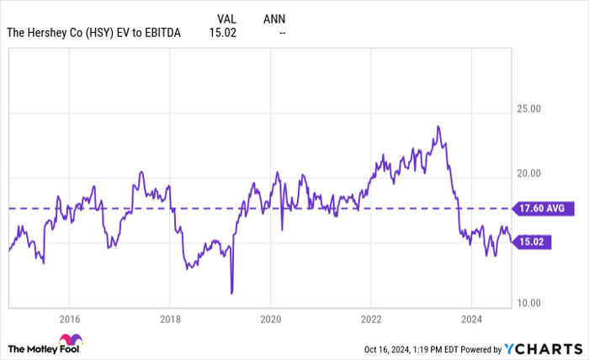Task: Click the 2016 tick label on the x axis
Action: (x=69, y=319)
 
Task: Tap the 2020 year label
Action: (x=270, y=319)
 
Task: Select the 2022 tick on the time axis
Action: (x=370, y=319)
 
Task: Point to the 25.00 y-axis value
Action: (x=528, y=109)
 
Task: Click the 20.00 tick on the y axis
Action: (x=528, y=173)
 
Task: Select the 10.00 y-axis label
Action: (x=528, y=303)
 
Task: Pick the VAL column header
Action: (x=226, y=17)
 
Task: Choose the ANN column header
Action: (x=273, y=17)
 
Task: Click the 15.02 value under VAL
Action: (x=224, y=33)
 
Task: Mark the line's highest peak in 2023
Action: (x=438, y=126)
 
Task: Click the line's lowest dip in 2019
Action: (x=231, y=293)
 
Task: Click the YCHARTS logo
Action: (x=542, y=348)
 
